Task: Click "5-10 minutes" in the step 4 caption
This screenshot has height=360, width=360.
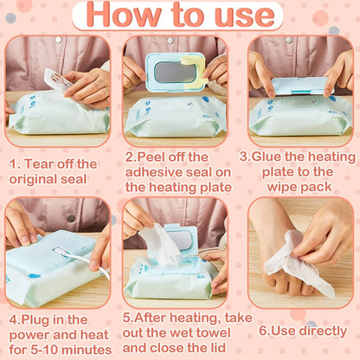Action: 65,349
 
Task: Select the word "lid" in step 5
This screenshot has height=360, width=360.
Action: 214,349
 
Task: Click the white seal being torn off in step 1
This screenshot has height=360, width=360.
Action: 57,80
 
